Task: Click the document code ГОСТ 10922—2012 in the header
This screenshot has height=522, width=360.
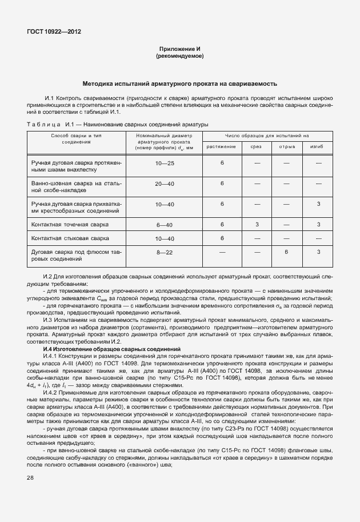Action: point(54,32)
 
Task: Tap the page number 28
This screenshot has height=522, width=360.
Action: point(30,477)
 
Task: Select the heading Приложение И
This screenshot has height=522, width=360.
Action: point(180,49)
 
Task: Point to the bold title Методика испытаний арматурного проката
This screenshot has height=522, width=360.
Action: point(180,83)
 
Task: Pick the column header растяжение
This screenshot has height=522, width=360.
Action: point(221,147)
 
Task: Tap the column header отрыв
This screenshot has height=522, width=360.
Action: point(286,147)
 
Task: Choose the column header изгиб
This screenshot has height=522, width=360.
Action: point(317,147)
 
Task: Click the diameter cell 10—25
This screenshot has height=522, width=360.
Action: point(165,164)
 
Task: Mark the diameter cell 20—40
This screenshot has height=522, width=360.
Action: point(165,184)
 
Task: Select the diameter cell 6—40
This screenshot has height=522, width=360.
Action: point(165,224)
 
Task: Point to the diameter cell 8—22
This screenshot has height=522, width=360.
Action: point(165,252)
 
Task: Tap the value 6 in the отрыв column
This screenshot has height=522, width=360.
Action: point(286,252)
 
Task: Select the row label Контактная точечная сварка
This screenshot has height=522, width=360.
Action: point(70,225)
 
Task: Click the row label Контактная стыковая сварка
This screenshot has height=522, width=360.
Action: point(70,238)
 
